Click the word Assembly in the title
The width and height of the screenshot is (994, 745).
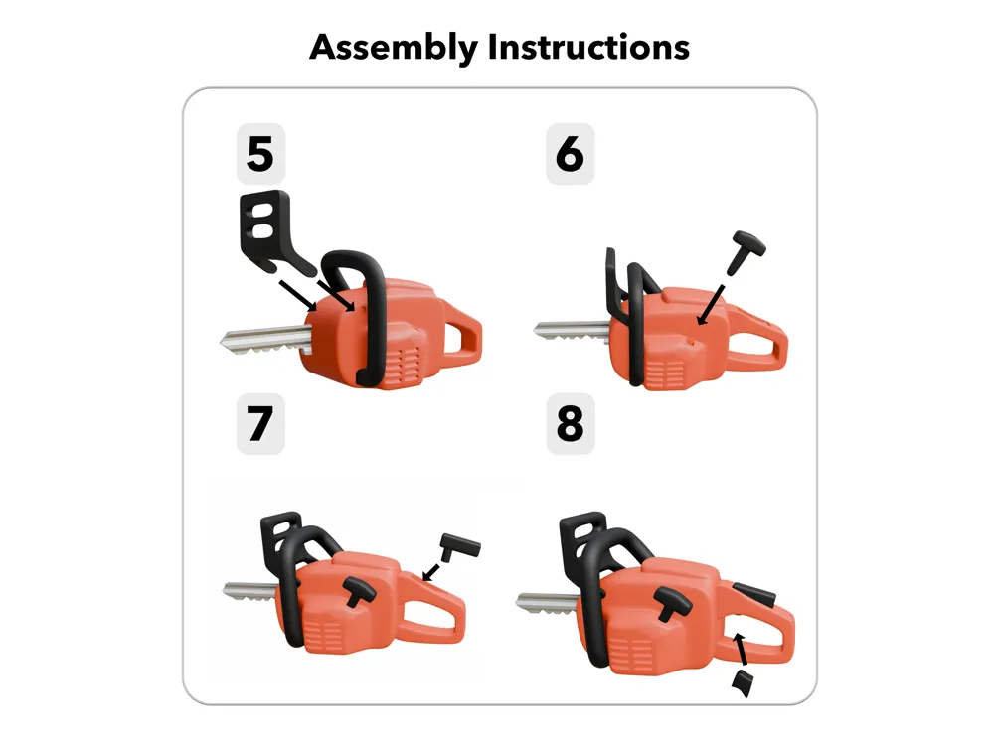pyautogui.click(x=394, y=48)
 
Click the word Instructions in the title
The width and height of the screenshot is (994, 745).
pyautogui.click(x=588, y=47)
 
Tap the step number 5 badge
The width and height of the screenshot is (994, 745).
pyautogui.click(x=260, y=154)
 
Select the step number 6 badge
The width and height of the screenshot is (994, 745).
pyautogui.click(x=570, y=154)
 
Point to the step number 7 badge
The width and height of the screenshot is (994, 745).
pyautogui.click(x=260, y=423)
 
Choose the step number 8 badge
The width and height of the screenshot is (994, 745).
pyautogui.click(x=570, y=423)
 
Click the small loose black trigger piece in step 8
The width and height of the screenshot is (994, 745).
pyautogui.click(x=742, y=683)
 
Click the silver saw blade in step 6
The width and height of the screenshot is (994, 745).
pyautogui.click(x=572, y=331)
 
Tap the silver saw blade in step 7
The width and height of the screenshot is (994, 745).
pyautogui.click(x=249, y=591)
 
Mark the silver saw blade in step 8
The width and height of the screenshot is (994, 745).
pyautogui.click(x=548, y=603)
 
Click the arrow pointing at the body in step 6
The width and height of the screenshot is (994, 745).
pyautogui.click(x=710, y=305)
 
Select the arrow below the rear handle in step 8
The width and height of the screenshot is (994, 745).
pyautogui.click(x=741, y=650)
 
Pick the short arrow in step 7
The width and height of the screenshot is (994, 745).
pyautogui.click(x=431, y=571)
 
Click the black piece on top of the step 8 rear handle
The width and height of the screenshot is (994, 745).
pyautogui.click(x=753, y=594)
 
